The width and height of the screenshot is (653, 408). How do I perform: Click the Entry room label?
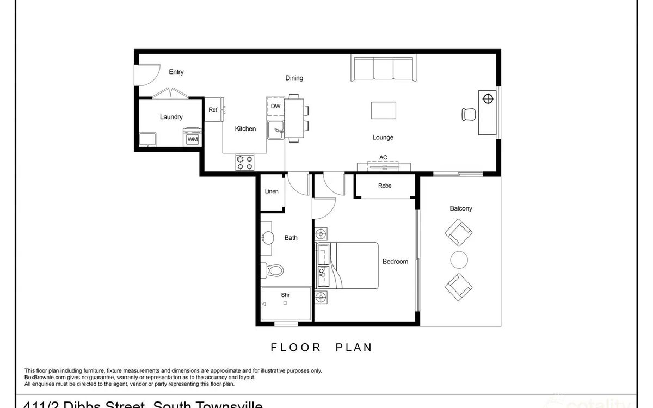tap(176, 72)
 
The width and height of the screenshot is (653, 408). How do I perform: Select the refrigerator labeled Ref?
tap(213, 110)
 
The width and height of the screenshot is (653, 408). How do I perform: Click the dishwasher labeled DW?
tap(275, 107)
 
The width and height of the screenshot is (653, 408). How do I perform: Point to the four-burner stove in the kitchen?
tap(245, 162)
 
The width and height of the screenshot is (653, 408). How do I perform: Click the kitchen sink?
tap(276, 131)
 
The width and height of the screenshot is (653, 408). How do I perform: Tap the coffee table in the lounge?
tap(384, 110)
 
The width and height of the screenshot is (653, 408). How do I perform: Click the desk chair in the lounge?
tap(468, 114)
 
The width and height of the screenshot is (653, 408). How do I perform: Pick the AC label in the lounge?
tap(383, 158)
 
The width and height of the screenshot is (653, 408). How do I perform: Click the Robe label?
tap(385, 186)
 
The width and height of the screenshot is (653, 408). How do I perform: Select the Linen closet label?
tap(272, 191)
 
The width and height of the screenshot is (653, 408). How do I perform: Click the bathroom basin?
tap(268, 237)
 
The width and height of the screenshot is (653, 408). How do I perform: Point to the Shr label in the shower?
tap(285, 295)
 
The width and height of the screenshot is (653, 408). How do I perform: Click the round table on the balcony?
tap(459, 259)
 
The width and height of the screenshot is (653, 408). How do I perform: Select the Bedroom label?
tap(395, 262)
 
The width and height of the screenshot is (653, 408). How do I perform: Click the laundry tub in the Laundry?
tap(147, 139)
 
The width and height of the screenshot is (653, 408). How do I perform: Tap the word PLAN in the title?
tap(352, 347)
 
